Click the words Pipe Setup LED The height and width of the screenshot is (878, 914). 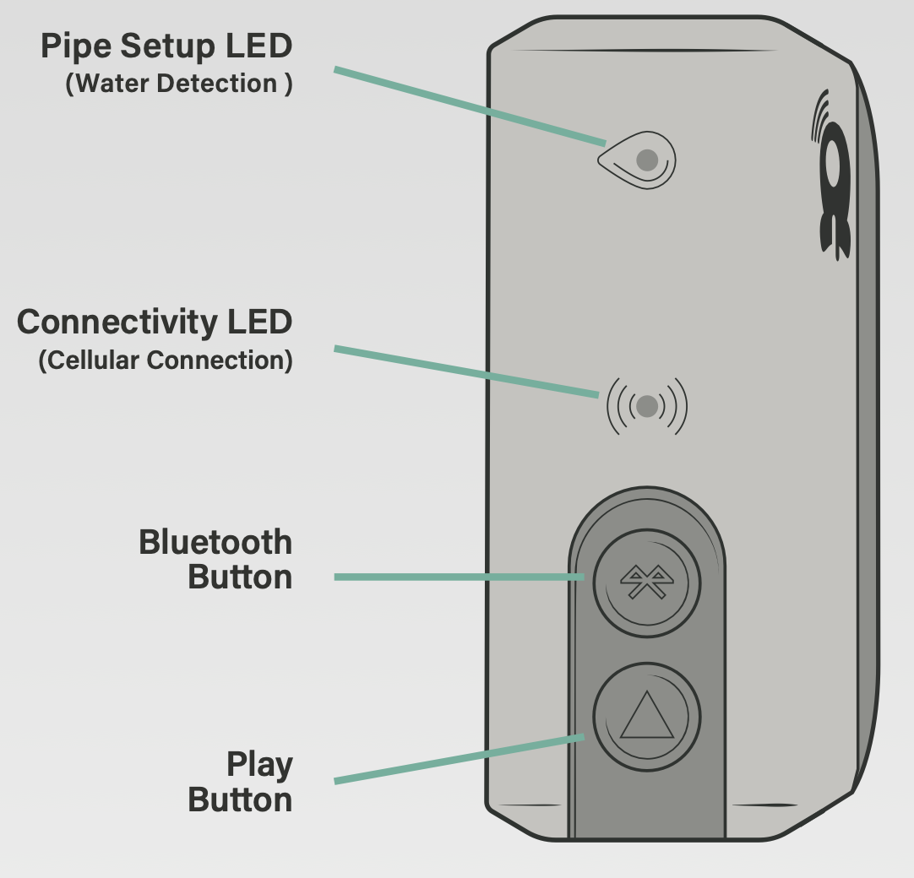[166, 47]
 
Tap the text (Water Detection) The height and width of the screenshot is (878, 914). [179, 84]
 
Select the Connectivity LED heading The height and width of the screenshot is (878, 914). [155, 322]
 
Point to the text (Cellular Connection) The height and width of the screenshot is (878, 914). [166, 360]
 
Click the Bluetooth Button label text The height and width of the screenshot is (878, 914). [215, 560]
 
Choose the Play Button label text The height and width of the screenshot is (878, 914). [241, 782]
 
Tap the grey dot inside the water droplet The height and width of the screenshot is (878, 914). [647, 160]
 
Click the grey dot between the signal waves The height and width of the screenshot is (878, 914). [647, 406]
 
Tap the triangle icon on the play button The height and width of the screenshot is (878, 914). [646, 716]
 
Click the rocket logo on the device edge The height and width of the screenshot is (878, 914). [835, 190]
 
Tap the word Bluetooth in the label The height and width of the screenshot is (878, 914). [215, 542]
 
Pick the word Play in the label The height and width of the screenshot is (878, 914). [259, 765]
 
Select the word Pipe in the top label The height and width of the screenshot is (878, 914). [76, 47]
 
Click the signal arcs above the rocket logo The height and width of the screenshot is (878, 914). [819, 113]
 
